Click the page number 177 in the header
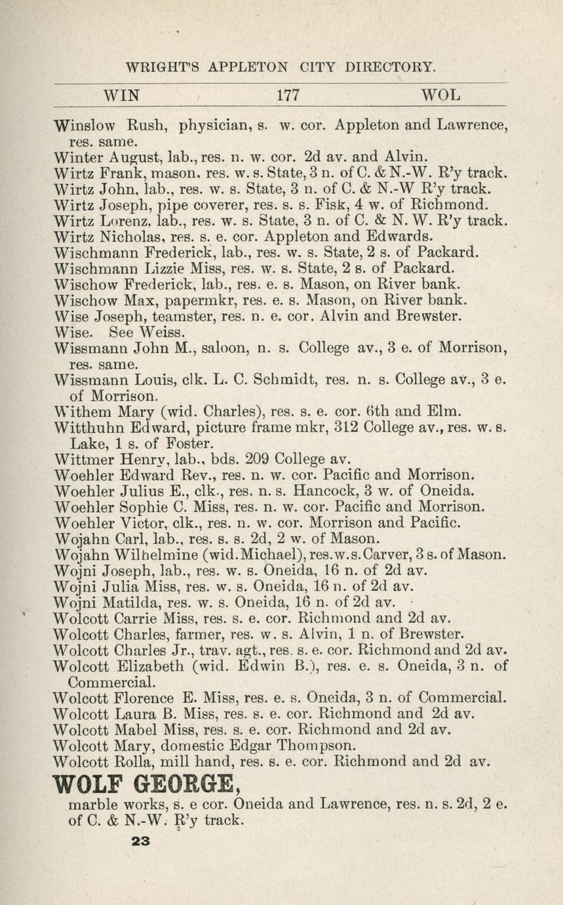[288, 95]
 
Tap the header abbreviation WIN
[122, 95]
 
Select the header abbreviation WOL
[441, 95]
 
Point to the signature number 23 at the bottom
[140, 841]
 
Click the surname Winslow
[85, 124]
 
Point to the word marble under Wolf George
[98, 804]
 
